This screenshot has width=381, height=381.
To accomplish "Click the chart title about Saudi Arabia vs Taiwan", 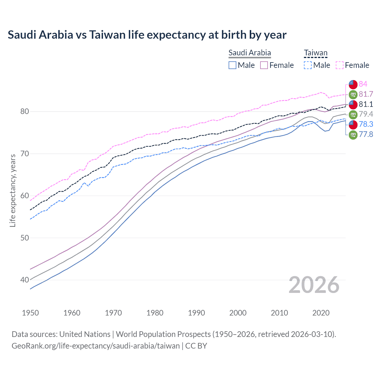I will click(x=147, y=35).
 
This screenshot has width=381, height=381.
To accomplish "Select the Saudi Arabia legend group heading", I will click(x=249, y=53).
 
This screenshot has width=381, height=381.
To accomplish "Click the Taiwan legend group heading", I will click(x=316, y=53).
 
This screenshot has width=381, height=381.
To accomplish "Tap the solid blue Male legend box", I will click(x=232, y=65).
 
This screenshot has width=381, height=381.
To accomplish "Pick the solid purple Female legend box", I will click(x=264, y=65).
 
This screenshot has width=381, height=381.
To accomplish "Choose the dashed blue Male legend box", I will click(x=308, y=65).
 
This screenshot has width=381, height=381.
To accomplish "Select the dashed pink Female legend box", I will click(x=340, y=65).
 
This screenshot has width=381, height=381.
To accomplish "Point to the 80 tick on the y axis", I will click(x=25, y=112).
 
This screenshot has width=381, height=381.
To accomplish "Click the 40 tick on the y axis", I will click(x=25, y=280).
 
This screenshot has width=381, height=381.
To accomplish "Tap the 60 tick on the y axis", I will click(x=25, y=196).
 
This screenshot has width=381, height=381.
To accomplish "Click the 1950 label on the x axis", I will click(x=30, y=313).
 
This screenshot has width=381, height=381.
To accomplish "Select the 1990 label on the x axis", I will click(x=196, y=313).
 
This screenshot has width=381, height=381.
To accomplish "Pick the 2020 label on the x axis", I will click(x=321, y=313).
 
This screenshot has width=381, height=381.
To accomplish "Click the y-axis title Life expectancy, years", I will click(x=13, y=190).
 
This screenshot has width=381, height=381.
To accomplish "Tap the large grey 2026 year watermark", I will click(x=314, y=285).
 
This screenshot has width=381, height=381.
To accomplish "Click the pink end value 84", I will click(x=363, y=84).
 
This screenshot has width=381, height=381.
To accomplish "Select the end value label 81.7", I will click(x=366, y=94).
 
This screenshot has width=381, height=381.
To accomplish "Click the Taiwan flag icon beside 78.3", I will click(x=353, y=124).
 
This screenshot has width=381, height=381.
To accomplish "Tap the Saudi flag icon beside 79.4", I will click(x=353, y=114).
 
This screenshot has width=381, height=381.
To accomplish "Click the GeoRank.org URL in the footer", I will click(x=96, y=346).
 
